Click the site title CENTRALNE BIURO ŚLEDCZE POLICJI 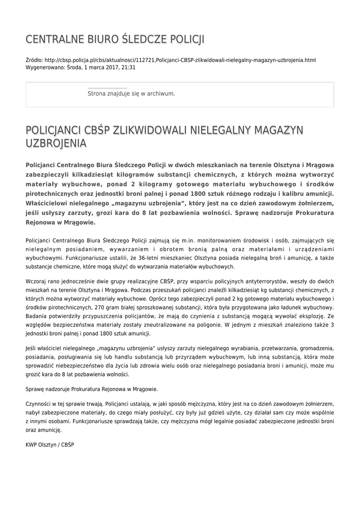tap(115, 39)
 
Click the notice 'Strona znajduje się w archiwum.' tap(131, 93)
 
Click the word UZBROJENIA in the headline tap(56, 143)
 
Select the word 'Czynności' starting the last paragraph tap(38, 404)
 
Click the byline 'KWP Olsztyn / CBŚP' tap(50, 444)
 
